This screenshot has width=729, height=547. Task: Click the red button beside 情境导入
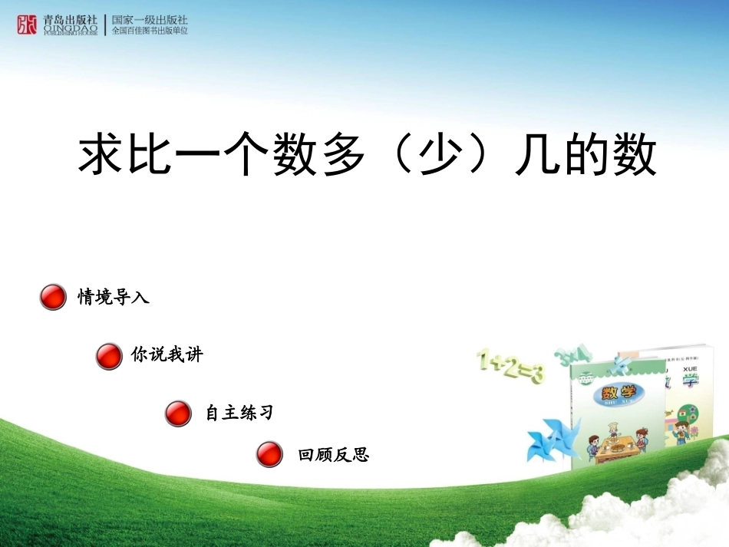coord(53,297)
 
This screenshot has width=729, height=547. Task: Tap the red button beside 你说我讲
coord(109,356)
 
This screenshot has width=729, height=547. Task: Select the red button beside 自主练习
coord(177,414)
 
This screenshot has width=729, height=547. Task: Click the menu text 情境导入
coord(114,297)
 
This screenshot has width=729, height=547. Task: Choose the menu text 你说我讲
coord(167,354)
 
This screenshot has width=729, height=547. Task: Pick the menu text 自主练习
coord(239,413)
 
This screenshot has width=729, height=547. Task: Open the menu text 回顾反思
coord(334,455)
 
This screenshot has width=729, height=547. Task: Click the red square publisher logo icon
coord(27,25)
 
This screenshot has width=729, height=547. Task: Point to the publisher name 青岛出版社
coord(71,21)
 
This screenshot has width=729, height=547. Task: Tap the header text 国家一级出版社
coord(150,20)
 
